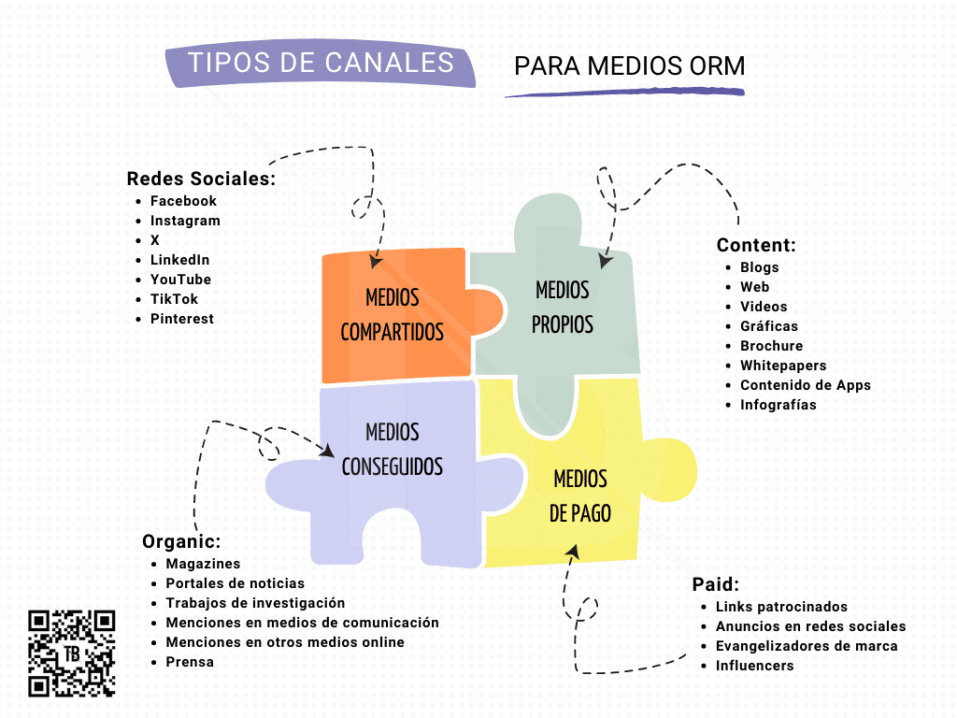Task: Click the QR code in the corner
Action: point(72,653)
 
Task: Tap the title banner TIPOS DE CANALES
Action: point(321,64)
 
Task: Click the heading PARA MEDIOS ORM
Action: point(629,66)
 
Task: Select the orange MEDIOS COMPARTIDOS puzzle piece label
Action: point(393,315)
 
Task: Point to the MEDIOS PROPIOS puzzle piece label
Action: point(563,307)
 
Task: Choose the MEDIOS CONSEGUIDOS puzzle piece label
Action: point(393,449)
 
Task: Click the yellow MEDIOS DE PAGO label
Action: point(580,496)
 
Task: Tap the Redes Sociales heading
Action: point(201,179)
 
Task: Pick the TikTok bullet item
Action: point(174,299)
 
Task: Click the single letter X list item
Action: point(155,240)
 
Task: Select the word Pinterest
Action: point(181,319)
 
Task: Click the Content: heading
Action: point(756,245)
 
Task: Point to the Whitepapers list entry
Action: point(783,366)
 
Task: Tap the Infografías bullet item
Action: point(778,405)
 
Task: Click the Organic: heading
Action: point(181,541)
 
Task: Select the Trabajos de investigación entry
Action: point(255,603)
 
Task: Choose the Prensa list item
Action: point(190,662)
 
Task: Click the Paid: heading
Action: point(716,584)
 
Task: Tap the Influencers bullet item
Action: point(754,666)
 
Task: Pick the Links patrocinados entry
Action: point(781,607)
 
